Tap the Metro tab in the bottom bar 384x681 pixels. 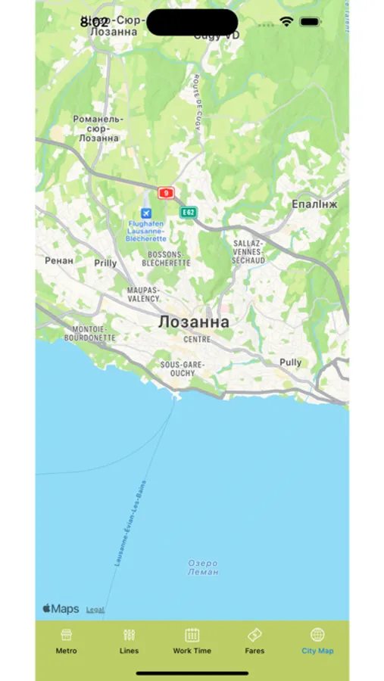click(66, 640)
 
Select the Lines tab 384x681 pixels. click(129, 640)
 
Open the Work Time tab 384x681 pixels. click(192, 640)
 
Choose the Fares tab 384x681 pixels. click(254, 640)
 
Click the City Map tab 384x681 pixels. click(317, 640)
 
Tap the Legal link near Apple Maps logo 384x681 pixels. click(95, 609)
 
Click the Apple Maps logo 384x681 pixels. click(61, 608)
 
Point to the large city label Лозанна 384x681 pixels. click(193, 322)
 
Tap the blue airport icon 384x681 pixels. click(146, 213)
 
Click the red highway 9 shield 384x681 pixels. click(166, 193)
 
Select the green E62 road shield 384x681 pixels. click(189, 213)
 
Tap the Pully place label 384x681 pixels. click(290, 362)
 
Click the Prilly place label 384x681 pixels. click(105, 263)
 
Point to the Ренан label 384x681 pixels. click(60, 260)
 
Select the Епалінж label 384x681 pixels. click(314, 204)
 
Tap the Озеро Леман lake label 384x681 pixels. click(203, 567)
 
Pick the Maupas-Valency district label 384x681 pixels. click(143, 294)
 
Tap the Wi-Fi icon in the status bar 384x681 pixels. click(286, 22)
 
